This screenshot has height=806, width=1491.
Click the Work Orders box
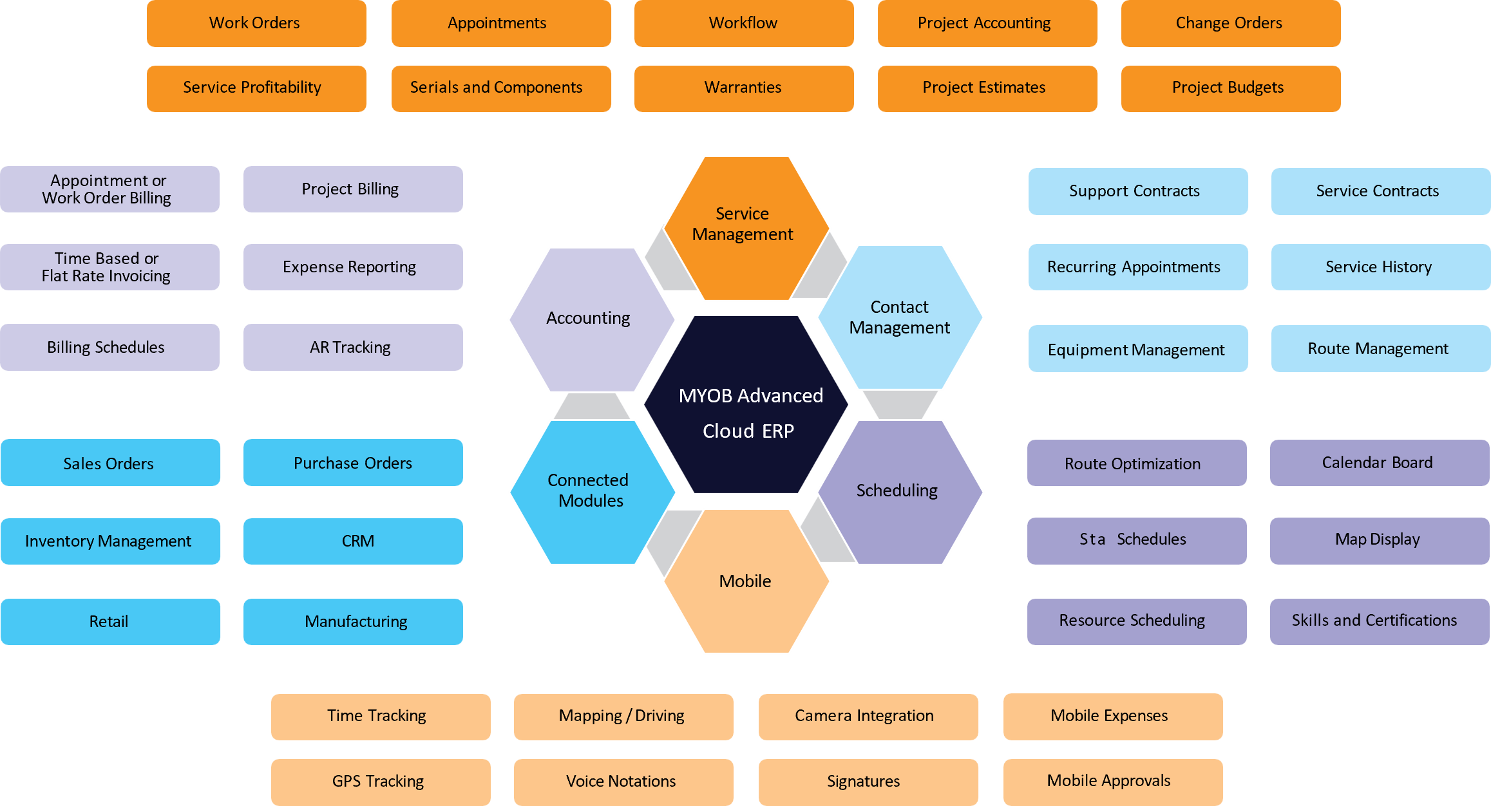click(x=256, y=23)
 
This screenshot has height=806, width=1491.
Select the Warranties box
click(x=744, y=88)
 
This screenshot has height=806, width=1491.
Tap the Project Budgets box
click(x=1230, y=88)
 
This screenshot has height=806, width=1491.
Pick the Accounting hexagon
click(x=590, y=319)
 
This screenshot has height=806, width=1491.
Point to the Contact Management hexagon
click(x=900, y=317)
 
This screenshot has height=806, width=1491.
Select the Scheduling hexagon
click(x=899, y=491)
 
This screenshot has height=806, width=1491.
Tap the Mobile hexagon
click(x=746, y=581)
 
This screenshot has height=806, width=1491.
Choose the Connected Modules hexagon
click(x=591, y=491)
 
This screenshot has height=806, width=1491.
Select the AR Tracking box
click(x=352, y=347)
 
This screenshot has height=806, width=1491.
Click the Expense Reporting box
click(x=352, y=267)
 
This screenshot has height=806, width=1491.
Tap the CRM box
click(x=352, y=541)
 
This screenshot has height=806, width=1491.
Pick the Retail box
click(x=110, y=621)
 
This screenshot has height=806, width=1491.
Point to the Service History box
click(x=1380, y=267)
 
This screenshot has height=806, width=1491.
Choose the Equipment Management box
click(x=1137, y=348)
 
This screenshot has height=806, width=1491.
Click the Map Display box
click(x=1379, y=540)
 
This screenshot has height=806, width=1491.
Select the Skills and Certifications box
click(x=1379, y=621)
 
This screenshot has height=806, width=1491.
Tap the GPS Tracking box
click(x=380, y=782)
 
